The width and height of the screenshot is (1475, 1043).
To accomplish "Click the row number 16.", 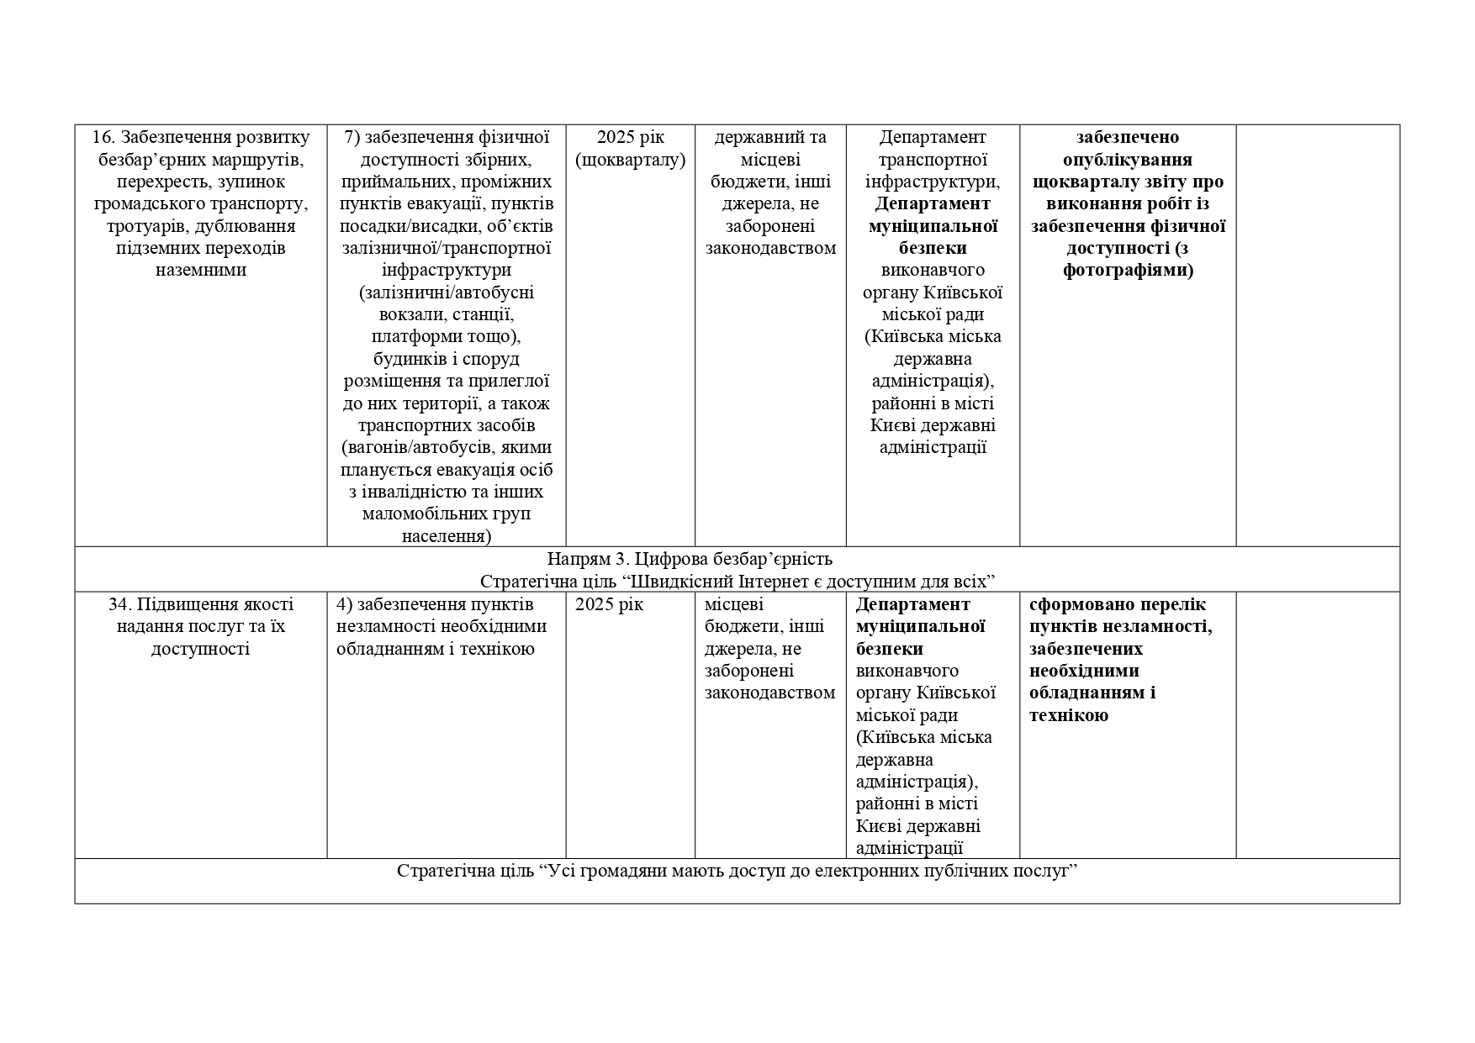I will [102, 137].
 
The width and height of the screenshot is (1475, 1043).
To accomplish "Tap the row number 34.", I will [119, 604].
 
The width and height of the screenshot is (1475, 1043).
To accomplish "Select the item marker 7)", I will [353, 137].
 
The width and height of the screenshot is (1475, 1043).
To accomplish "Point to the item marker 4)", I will [345, 604].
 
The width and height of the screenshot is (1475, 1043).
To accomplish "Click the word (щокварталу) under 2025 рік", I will [631, 160].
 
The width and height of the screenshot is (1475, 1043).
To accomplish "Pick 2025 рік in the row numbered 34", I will [609, 604].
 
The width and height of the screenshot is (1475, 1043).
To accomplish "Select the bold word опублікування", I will [1127, 160].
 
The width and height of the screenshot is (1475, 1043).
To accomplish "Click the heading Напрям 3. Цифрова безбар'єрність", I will [690, 559].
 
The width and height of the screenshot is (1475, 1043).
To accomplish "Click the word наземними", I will [201, 271].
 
